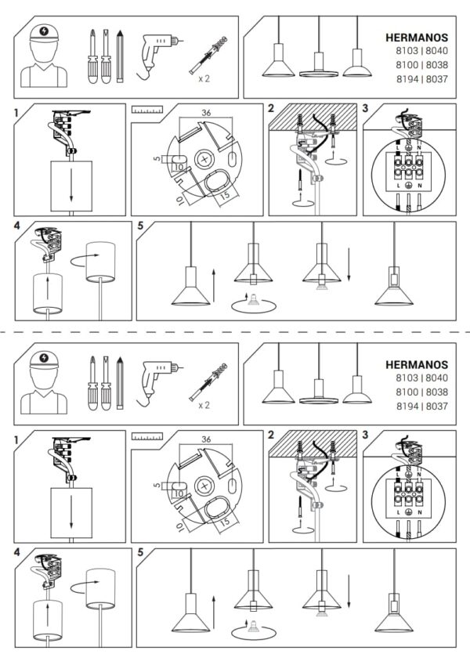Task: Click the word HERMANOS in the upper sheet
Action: click(x=417, y=38)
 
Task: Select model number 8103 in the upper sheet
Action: click(x=407, y=51)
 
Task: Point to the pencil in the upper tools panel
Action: click(x=120, y=56)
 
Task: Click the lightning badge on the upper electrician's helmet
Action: click(x=44, y=31)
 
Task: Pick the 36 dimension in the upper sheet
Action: click(x=206, y=113)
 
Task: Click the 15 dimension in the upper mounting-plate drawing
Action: click(x=225, y=194)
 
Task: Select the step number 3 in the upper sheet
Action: click(x=365, y=109)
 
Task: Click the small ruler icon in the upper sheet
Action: click(x=147, y=110)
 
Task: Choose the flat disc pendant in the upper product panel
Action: click(x=319, y=65)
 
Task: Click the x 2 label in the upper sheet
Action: click(x=204, y=78)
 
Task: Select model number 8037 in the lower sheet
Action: click(x=437, y=407)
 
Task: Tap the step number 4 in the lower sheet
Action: click(x=17, y=552)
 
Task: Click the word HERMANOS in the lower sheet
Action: click(x=417, y=365)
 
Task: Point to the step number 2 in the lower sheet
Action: click(x=272, y=436)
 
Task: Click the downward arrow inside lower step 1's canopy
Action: click(x=71, y=512)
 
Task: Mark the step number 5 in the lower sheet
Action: click(x=140, y=552)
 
